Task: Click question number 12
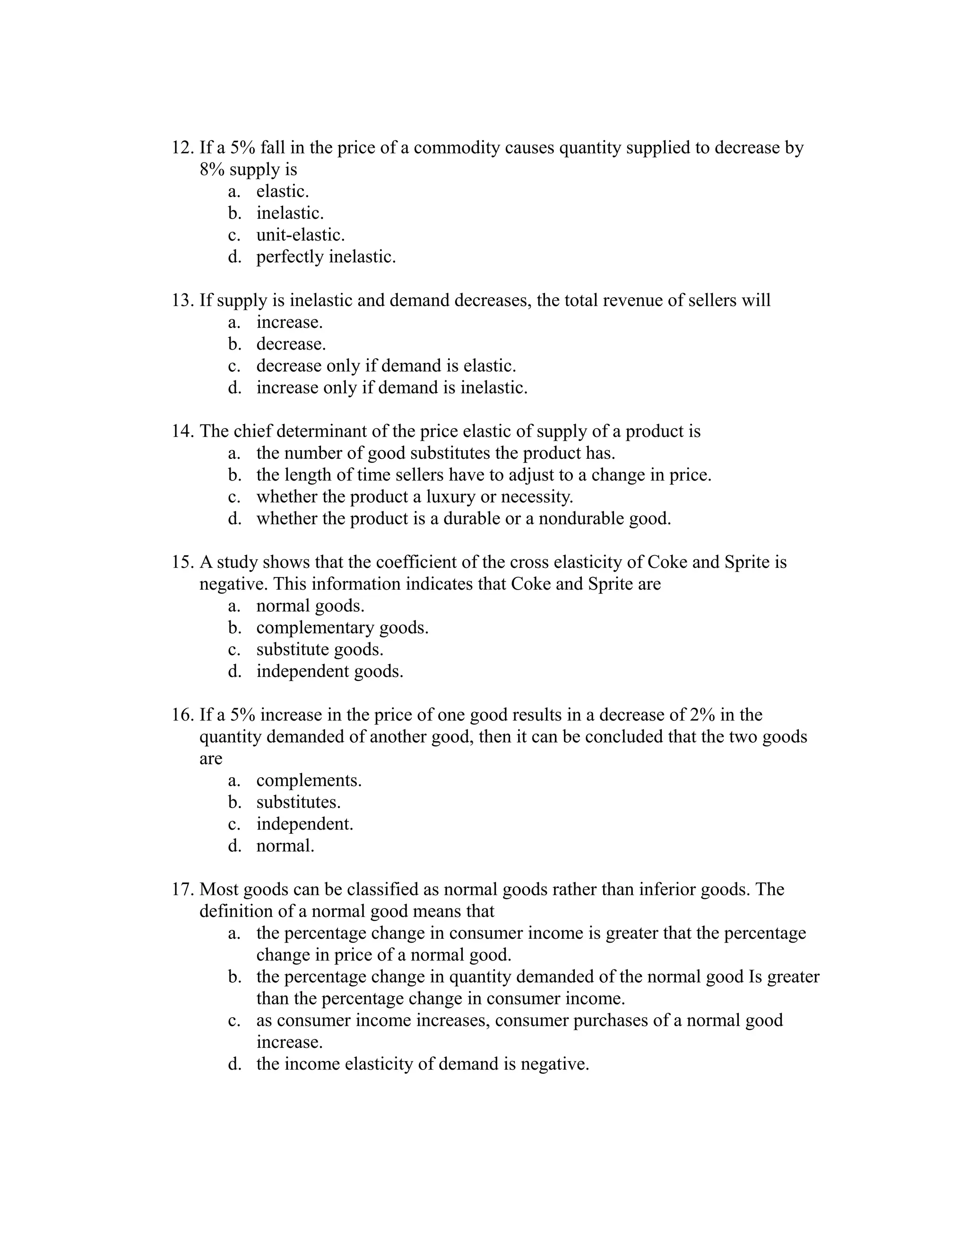tap(183, 148)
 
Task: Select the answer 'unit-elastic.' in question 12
tap(300, 235)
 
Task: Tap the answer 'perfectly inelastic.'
tap(326, 257)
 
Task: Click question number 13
tap(183, 300)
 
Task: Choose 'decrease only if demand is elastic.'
tap(386, 366)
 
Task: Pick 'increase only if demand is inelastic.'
tap(392, 388)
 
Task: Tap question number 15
tap(183, 562)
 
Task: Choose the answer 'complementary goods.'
tap(342, 628)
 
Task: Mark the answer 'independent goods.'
tap(330, 671)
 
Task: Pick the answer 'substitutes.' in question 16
tap(298, 803)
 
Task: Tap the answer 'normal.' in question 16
tap(285, 846)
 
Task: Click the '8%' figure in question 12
tap(212, 170)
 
